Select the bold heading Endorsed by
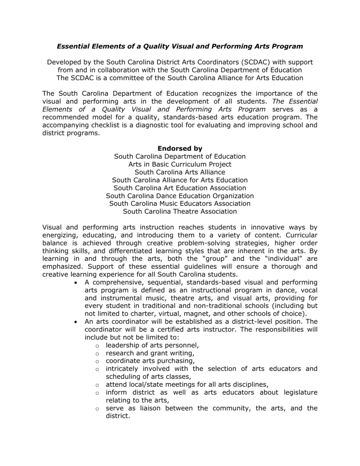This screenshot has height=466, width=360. click(180, 148)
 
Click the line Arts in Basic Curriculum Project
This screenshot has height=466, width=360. click(180, 164)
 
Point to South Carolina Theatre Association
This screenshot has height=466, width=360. click(180, 211)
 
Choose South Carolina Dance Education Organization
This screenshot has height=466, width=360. click(180, 195)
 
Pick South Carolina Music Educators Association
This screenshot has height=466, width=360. click(180, 203)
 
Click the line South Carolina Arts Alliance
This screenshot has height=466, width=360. click(180, 172)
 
